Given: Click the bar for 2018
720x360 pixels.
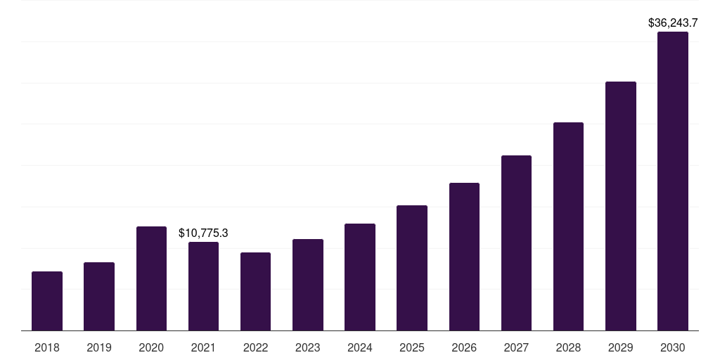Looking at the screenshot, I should point(47,301).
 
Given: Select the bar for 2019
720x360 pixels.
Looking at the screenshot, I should point(99,296).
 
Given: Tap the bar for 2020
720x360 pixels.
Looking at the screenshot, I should point(151,278).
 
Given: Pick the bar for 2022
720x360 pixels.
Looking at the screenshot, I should point(255,291).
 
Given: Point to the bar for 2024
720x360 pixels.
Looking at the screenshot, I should point(360,277).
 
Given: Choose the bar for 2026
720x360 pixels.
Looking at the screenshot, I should point(464,257).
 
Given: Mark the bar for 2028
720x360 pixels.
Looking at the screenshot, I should point(568,226).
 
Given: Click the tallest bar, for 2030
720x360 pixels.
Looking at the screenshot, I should point(673,181).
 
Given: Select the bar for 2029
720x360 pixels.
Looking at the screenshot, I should point(621,206).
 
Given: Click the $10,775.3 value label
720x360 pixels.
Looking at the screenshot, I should point(203,233).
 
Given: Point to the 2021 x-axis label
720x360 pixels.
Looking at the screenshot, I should point(203,347).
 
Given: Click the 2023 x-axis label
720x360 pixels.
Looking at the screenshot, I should point(307,347).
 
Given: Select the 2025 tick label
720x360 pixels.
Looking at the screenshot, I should point(412,347).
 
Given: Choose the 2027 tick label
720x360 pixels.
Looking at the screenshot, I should point(516,347).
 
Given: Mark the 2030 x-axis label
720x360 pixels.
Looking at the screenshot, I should point(673,347).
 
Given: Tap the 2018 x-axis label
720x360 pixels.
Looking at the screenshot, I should point(47,347).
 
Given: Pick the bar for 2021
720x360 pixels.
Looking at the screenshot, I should point(203,286).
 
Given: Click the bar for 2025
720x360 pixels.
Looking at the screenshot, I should point(412,268).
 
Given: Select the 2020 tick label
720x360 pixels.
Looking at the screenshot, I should point(151,347).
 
